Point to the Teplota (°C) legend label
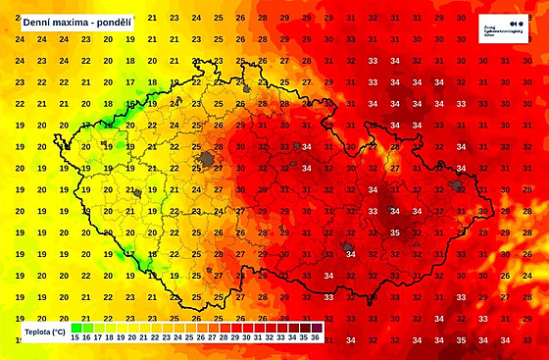[46, 333]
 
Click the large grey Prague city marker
[206, 159]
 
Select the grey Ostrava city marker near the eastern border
[457, 185]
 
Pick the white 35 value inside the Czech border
[394, 233]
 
